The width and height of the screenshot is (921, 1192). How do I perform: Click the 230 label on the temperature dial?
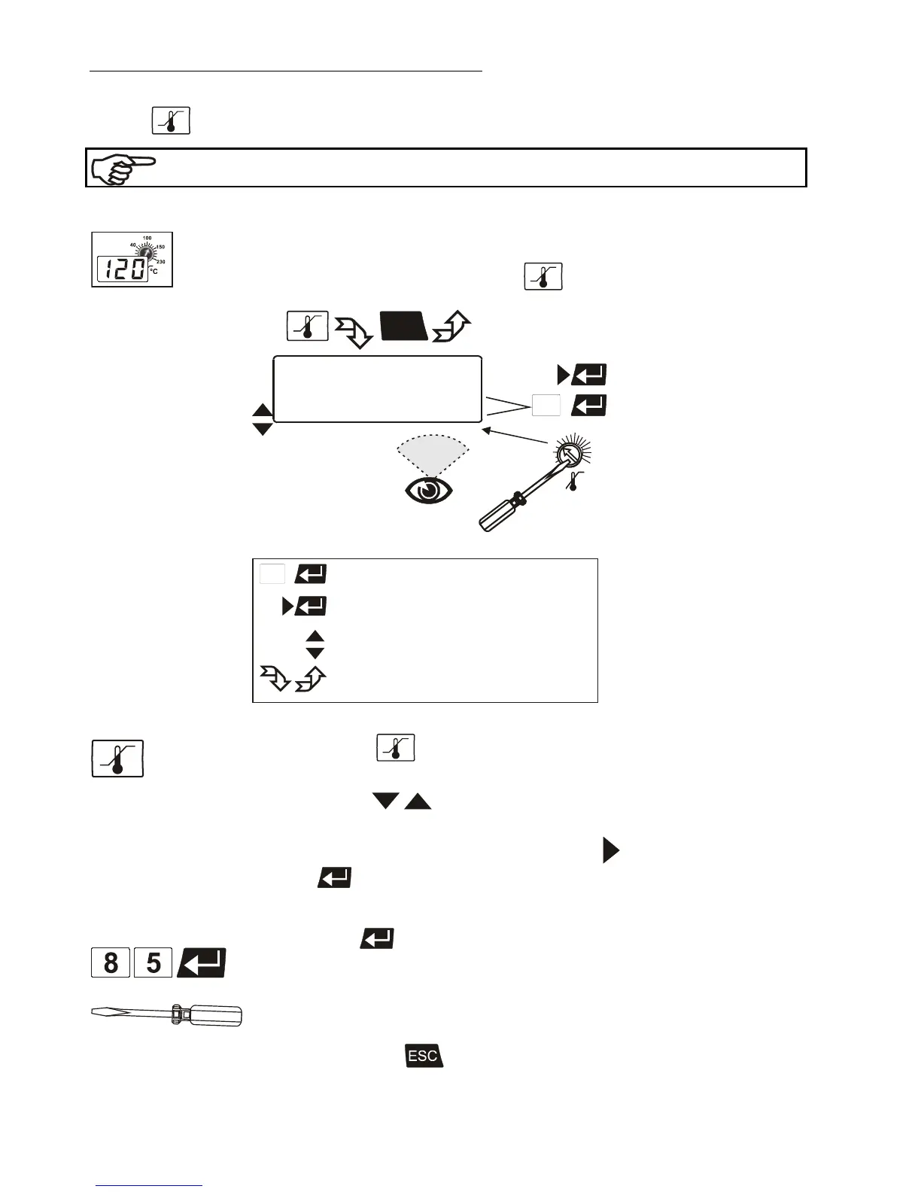point(160,261)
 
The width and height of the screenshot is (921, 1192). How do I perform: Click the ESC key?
point(424,1056)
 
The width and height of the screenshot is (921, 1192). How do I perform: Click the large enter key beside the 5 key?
point(202,963)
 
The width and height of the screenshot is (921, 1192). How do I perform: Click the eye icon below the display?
point(429,491)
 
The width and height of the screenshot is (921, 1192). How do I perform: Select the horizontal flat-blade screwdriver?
point(166,1015)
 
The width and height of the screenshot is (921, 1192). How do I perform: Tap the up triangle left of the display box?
point(262,410)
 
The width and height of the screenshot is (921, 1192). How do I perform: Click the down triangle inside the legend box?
point(315,653)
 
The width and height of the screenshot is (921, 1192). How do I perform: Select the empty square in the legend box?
point(272,574)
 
